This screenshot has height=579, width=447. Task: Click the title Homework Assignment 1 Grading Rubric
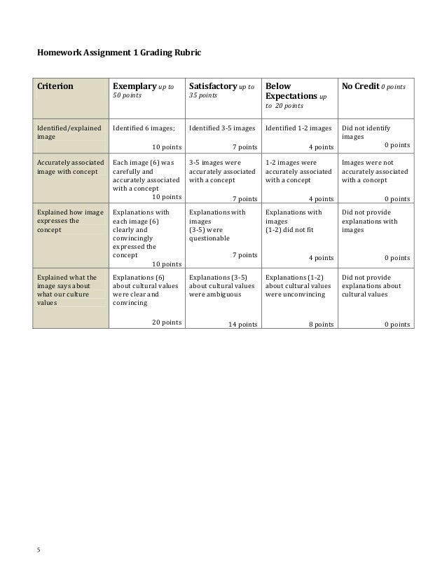click(x=119, y=53)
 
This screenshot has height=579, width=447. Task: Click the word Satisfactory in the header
click(x=213, y=87)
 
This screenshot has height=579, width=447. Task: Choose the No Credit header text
click(x=360, y=87)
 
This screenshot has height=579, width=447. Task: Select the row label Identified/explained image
click(x=69, y=133)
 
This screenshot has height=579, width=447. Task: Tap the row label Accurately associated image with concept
click(x=71, y=167)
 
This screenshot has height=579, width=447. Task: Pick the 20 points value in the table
click(x=167, y=323)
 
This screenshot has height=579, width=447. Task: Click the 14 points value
click(x=242, y=325)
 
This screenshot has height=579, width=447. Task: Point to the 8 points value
click(x=321, y=325)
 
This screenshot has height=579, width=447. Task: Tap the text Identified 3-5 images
click(x=222, y=128)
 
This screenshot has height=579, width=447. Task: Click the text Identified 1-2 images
click(x=299, y=128)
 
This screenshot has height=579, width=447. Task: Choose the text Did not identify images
click(x=366, y=133)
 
